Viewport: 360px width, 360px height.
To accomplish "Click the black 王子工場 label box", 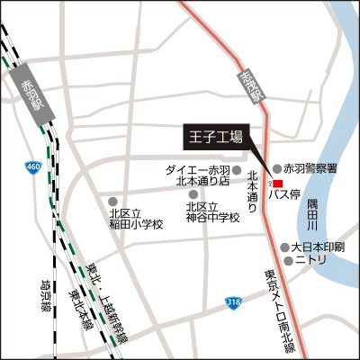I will (x=215, y=138).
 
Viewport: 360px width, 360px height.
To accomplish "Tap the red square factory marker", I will (x=277, y=184).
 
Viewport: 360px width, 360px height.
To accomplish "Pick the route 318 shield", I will (x=233, y=303).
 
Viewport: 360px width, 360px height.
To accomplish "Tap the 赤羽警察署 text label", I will (x=310, y=168).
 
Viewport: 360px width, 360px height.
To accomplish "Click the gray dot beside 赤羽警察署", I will (x=277, y=168).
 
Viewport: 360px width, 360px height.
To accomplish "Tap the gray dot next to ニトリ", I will (x=289, y=261).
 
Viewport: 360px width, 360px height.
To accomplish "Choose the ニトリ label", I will (x=312, y=261).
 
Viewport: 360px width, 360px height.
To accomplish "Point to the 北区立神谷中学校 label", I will (x=212, y=212).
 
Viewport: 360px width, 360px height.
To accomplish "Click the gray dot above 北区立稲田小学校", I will (x=112, y=202).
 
